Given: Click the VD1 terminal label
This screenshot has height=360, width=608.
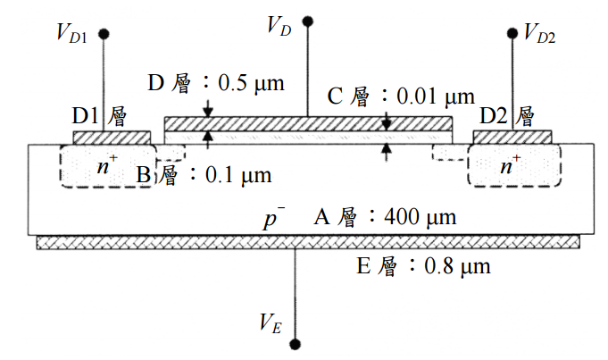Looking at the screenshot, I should [70, 37].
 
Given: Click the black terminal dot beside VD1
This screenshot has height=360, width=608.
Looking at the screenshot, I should [104, 34].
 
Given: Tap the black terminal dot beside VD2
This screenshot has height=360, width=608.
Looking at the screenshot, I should [512, 34].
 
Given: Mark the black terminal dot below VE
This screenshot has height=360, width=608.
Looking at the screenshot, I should [296, 344].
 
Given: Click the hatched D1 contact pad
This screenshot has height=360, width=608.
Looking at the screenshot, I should [112, 138].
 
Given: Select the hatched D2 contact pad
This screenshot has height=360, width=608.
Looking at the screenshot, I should [512, 138].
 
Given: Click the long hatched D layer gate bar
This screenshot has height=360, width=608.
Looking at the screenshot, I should [309, 122].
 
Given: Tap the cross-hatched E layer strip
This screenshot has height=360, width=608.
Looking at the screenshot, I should [308, 242].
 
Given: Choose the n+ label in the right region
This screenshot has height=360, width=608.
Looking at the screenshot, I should [511, 165].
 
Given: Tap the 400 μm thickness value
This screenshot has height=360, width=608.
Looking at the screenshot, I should [420, 217].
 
